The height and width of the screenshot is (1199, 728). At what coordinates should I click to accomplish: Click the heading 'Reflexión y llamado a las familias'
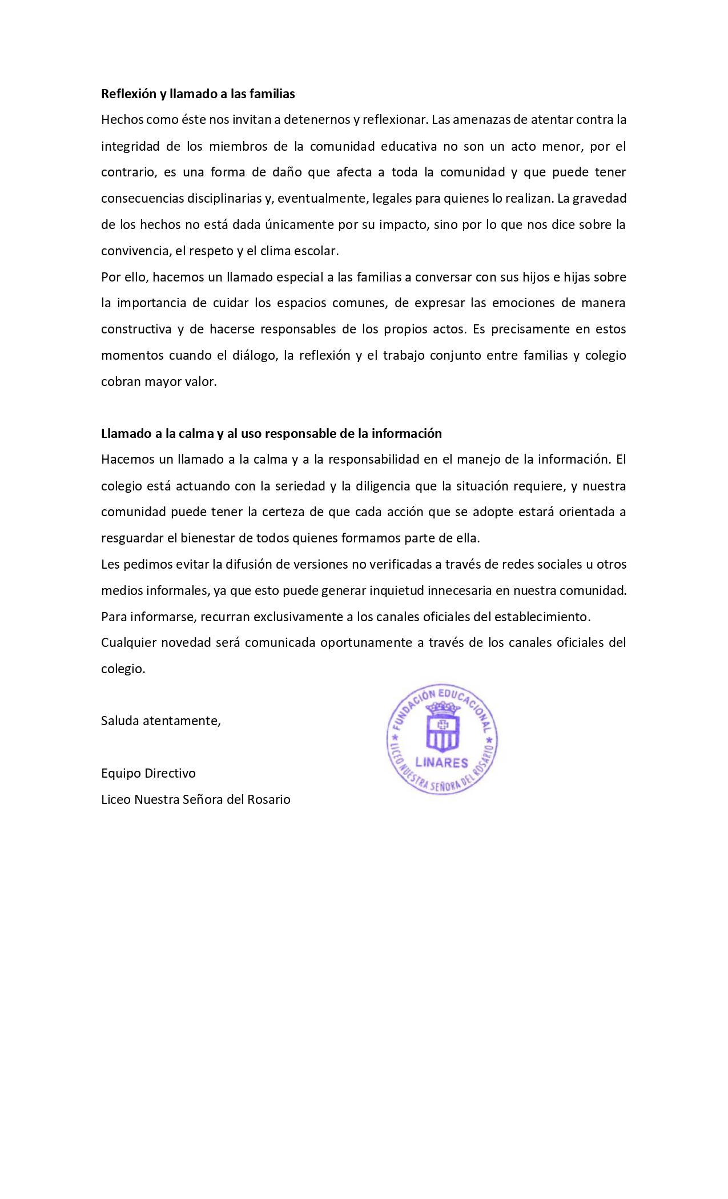pos(198,94)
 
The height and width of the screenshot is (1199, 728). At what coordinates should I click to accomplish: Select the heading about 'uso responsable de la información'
pos(271,433)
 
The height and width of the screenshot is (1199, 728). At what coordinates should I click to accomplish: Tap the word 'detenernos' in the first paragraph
pos(316,120)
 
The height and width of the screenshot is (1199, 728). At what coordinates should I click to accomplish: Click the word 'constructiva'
pos(136,329)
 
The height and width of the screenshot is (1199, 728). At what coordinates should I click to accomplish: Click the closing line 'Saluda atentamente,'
pos(160,721)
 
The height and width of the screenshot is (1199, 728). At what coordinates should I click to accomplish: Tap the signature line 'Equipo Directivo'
pos(148,774)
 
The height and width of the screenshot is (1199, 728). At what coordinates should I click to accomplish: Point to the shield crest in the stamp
pos(443,726)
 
